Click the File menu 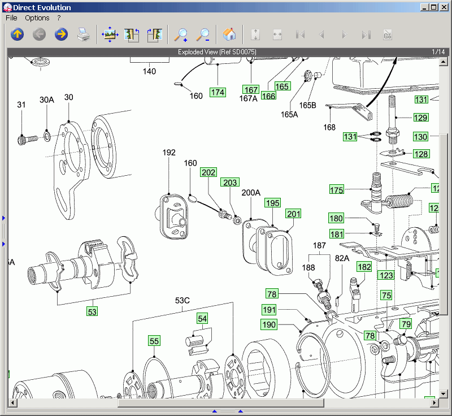[x=11, y=18]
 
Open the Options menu [x=37, y=18]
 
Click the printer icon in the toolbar [x=84, y=34]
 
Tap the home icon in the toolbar [x=229, y=34]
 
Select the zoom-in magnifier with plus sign [x=181, y=34]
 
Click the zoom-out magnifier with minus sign [x=203, y=34]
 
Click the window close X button [x=444, y=7]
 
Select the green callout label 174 [x=218, y=92]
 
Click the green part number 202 [x=208, y=172]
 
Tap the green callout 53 [x=92, y=311]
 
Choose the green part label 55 [x=154, y=340]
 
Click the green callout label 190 [x=269, y=324]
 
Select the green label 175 [x=337, y=190]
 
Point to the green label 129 [x=420, y=118]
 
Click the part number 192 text [x=169, y=153]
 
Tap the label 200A [x=251, y=192]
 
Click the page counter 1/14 [x=438, y=52]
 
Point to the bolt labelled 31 [x=25, y=137]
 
